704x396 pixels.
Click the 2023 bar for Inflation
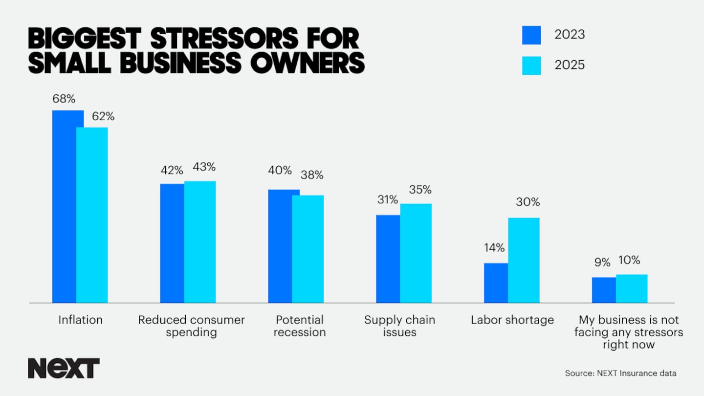pyautogui.click(x=64, y=206)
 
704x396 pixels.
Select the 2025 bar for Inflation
pyautogui.click(x=92, y=215)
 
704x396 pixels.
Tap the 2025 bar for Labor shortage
pyautogui.click(x=524, y=260)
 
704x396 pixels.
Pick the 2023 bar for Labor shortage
pyautogui.click(x=496, y=283)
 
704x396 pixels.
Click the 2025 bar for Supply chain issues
pyautogui.click(x=416, y=253)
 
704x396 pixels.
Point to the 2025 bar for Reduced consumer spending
pyautogui.click(x=200, y=242)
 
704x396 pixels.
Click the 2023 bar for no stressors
pyautogui.click(x=604, y=290)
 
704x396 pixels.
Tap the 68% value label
pyautogui.click(x=64, y=99)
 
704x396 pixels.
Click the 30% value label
pyautogui.click(x=528, y=202)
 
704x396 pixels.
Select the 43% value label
pyautogui.click(x=204, y=167)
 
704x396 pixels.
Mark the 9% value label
pyautogui.click(x=602, y=263)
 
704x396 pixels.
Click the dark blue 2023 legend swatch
pyautogui.click(x=531, y=35)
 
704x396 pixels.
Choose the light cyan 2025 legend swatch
pyautogui.click(x=531, y=66)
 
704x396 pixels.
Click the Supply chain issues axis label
pyautogui.click(x=399, y=326)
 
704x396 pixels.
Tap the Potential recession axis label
pyautogui.click(x=300, y=326)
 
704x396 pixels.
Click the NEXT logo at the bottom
pyautogui.click(x=64, y=368)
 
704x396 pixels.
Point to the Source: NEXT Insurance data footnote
pyautogui.click(x=620, y=374)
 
